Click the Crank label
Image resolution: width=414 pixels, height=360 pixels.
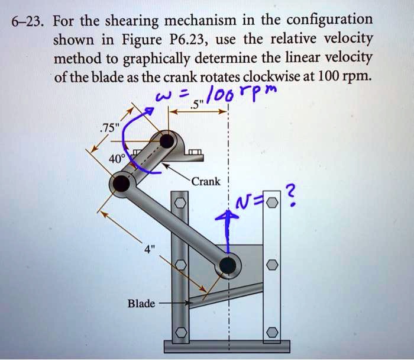click(205, 182)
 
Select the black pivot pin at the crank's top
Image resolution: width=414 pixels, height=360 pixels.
click(167, 141)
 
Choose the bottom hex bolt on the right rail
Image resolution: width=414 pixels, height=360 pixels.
click(271, 332)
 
